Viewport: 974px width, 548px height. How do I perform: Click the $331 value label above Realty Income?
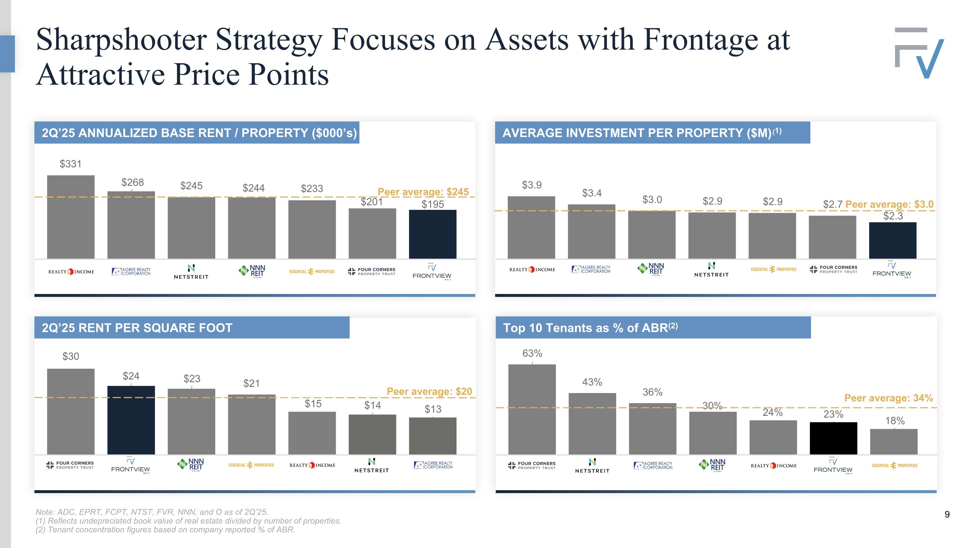tap(70, 164)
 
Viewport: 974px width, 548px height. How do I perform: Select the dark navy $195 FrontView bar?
tap(432, 234)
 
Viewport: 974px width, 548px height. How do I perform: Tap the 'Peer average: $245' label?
tap(423, 192)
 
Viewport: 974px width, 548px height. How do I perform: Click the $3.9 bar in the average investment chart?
tap(531, 227)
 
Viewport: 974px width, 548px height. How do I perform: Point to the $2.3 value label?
tap(893, 216)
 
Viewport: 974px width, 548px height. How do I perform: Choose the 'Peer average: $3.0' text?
tap(889, 204)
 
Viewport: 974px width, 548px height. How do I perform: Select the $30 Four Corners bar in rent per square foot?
tap(71, 411)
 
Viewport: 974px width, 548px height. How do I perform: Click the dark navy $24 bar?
tap(131, 420)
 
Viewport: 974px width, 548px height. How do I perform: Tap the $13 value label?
tap(432, 409)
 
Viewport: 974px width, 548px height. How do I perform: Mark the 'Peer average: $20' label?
tap(429, 391)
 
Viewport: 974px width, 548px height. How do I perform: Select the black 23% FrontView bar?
tap(833, 438)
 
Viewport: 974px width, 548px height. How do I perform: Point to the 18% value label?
tap(894, 421)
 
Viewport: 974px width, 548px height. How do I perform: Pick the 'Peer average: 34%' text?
tap(889, 398)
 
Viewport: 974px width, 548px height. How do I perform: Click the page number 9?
tap(947, 514)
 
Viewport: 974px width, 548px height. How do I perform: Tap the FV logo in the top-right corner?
tap(919, 53)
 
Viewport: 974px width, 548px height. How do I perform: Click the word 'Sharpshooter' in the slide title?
tap(121, 40)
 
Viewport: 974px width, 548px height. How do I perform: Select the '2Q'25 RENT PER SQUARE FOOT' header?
tap(137, 327)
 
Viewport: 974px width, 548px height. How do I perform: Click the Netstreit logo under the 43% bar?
tap(592, 465)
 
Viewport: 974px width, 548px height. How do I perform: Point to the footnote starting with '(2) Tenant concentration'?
tap(165, 529)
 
